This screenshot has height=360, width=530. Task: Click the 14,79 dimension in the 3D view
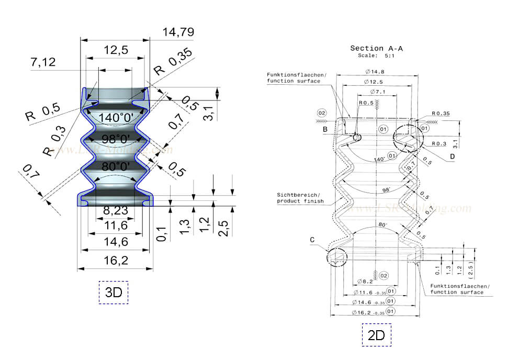tap(178, 32)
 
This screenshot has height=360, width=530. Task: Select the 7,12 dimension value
tap(43, 63)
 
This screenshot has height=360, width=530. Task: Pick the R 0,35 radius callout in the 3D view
tap(173, 61)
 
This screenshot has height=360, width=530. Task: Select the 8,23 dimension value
tap(115, 212)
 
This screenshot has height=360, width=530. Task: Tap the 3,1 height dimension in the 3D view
tap(208, 113)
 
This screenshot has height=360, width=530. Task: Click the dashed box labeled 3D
tap(114, 292)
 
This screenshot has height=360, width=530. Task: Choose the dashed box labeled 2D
tap(376, 335)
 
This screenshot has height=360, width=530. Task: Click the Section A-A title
tap(376, 48)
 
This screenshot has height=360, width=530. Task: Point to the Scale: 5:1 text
tap(376, 55)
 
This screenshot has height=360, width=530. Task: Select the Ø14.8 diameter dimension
tap(376, 71)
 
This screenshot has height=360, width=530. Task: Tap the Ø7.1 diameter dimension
tap(376, 92)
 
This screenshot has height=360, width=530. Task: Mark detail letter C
tap(312, 240)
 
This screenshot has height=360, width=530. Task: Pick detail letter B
tap(325, 128)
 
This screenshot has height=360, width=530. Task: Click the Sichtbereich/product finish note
tap(300, 197)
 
